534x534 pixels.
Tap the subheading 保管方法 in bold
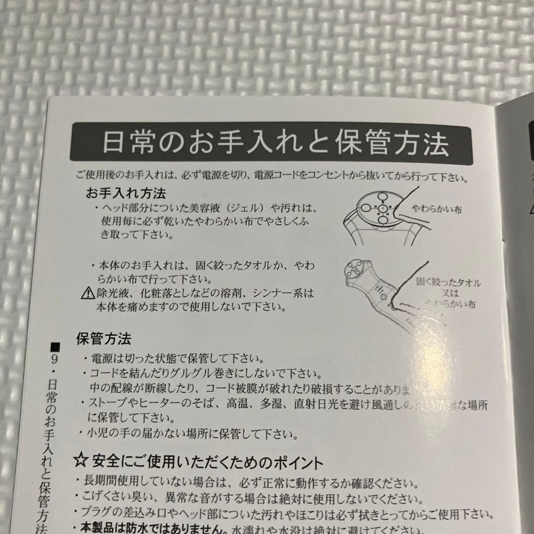tap(103, 339)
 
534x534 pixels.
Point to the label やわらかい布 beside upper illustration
tap(437, 209)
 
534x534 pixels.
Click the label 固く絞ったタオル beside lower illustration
tap(448, 283)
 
